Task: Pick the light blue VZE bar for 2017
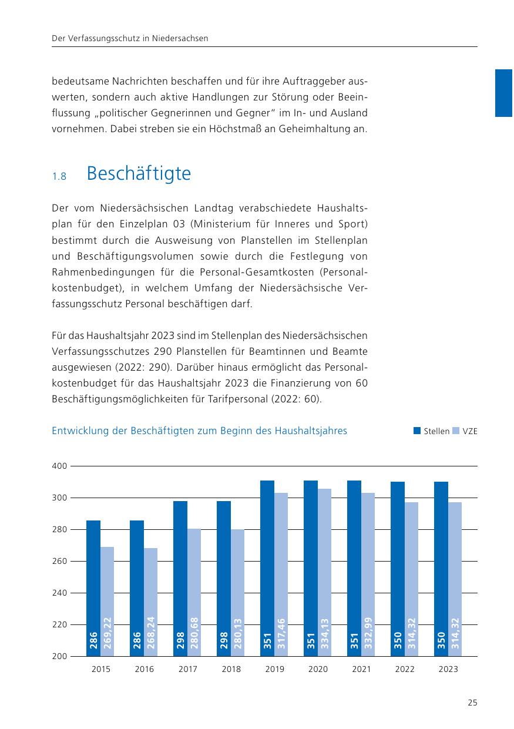[x=194, y=587]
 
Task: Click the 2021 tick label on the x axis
[x=361, y=669]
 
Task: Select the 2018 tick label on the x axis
[x=231, y=669]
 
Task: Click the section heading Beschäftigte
[x=139, y=174]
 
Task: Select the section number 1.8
[x=59, y=176]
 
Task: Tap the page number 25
[x=472, y=703]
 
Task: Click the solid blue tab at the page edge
[x=503, y=93]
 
